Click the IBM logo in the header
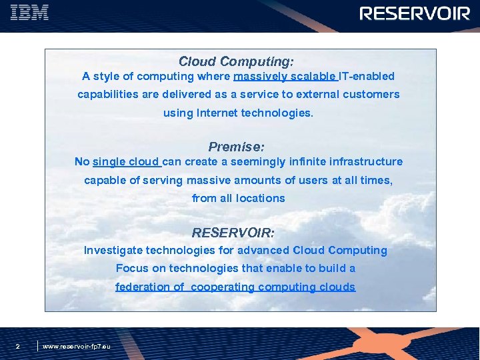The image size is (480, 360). coord(29,13)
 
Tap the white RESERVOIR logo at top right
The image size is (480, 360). coord(415,14)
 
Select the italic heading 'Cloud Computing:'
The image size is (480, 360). coord(236,61)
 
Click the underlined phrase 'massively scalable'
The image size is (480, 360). coord(285,77)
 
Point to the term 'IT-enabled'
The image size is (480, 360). coord(367,77)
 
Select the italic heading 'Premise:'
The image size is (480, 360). coord(236,146)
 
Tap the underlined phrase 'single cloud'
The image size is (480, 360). coord(127,162)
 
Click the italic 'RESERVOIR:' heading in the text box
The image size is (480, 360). coord(233,233)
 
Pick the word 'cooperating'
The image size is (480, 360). coord(223,287)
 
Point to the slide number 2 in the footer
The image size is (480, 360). coord(17,346)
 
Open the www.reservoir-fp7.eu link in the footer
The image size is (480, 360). coord(77,347)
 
